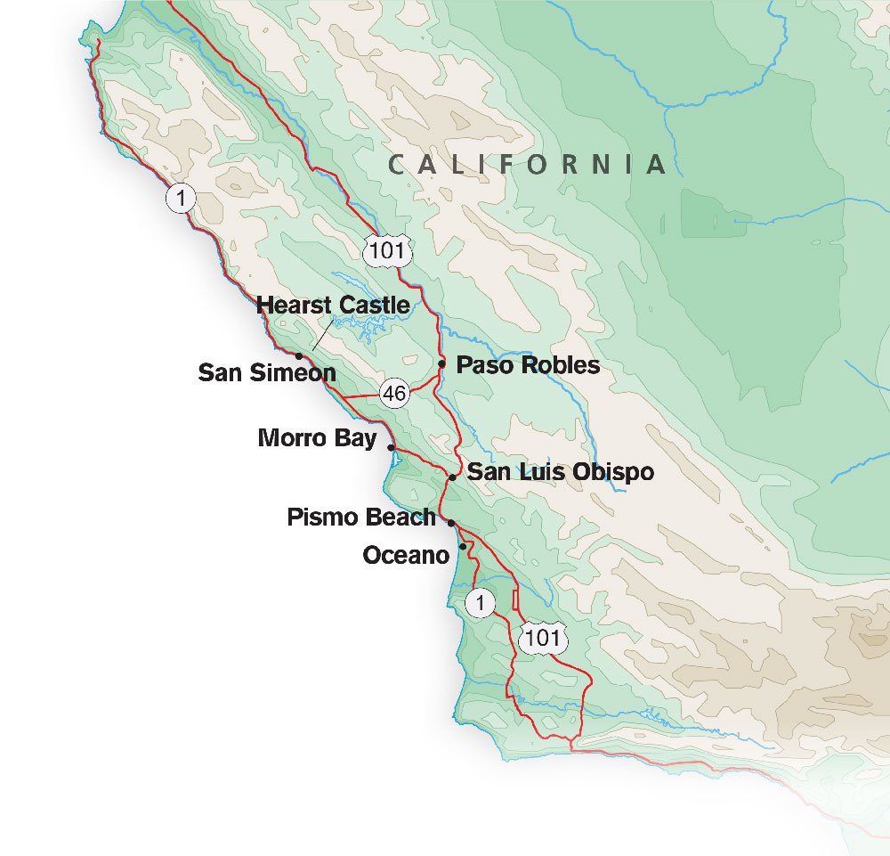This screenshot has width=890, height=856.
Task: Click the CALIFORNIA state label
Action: (529, 164)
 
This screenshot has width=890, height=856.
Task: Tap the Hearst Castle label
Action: (333, 306)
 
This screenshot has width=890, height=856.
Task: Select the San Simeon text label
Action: (267, 372)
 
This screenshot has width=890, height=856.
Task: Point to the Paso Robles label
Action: (528, 365)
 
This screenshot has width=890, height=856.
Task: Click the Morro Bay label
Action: (317, 438)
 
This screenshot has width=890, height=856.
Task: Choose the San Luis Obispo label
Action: (561, 472)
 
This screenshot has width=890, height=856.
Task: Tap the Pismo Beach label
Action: (361, 518)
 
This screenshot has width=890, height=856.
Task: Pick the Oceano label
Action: (405, 556)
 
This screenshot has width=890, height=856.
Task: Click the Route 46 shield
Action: (394, 392)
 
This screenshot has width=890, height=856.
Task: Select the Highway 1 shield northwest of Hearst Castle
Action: (181, 198)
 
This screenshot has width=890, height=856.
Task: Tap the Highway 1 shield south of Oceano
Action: (480, 604)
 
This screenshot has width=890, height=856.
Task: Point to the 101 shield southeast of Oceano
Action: (542, 638)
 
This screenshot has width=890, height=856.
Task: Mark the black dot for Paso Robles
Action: (441, 363)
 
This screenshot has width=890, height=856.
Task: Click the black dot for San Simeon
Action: (299, 355)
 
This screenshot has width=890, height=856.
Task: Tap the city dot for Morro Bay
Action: (391, 447)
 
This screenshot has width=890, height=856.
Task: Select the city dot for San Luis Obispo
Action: (452, 477)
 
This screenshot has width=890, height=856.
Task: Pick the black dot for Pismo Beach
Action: (451, 523)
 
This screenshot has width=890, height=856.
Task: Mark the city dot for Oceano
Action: (463, 546)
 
